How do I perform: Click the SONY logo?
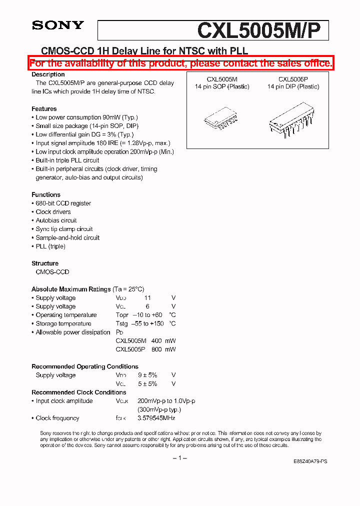57,25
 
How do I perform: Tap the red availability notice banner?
180,63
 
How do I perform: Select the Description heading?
48,74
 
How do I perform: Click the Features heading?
44,108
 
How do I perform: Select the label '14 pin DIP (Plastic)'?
293,86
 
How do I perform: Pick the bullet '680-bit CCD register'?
63,203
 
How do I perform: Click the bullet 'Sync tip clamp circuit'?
64,229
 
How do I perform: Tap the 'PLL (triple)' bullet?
50,246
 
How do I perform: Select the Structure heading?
45,263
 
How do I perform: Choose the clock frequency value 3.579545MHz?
156,418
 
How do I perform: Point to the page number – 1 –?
179,458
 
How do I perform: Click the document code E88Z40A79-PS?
310,462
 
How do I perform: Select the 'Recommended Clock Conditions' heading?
78,392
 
